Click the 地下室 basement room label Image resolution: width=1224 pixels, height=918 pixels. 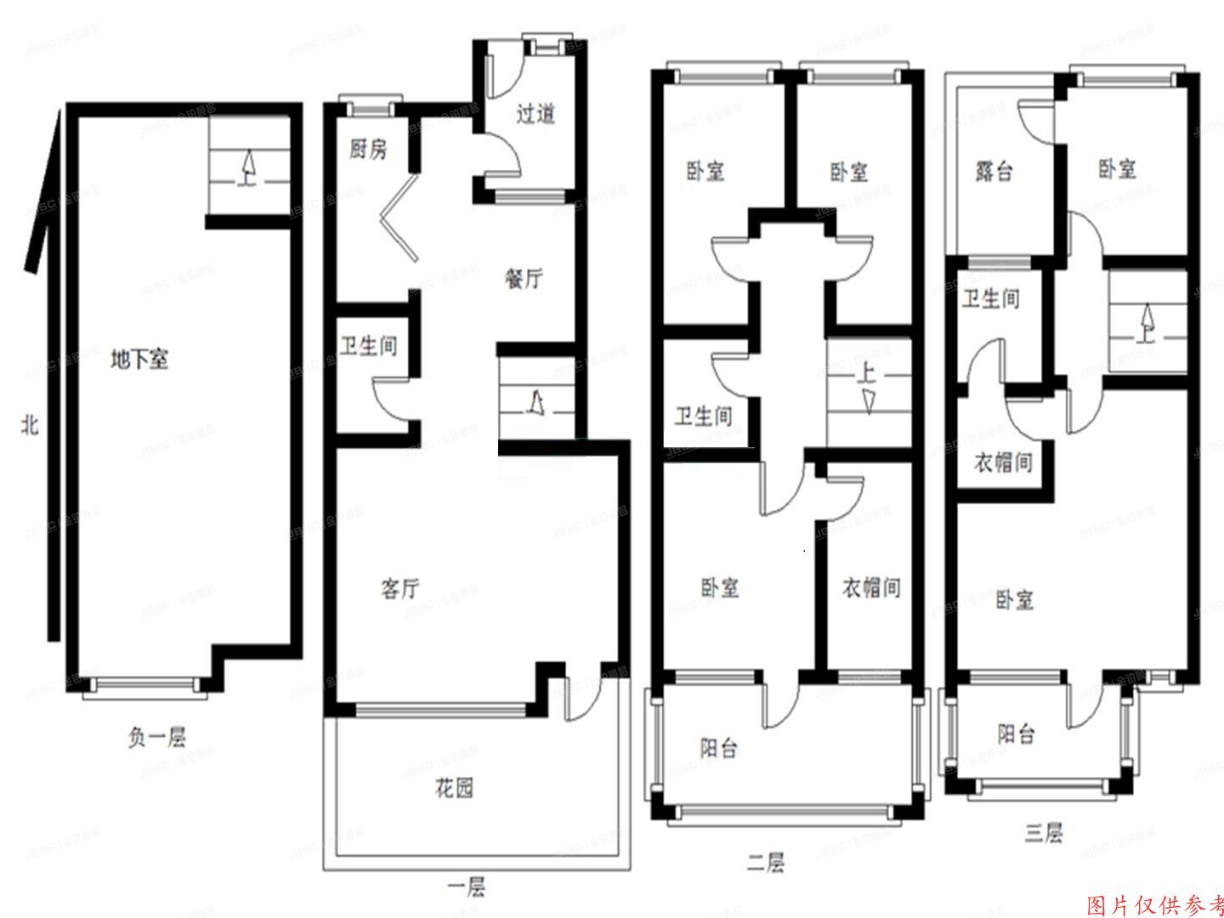point(139,360)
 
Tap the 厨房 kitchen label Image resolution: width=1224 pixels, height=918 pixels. point(367,150)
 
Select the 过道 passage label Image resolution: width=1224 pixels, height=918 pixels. point(535,113)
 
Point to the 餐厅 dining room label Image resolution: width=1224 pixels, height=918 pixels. point(524,278)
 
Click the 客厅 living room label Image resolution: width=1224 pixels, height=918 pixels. point(399,588)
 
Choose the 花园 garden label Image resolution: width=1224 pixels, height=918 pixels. point(454,788)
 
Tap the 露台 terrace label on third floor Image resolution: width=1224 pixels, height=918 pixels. point(994,171)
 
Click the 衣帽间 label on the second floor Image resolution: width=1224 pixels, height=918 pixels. point(870,587)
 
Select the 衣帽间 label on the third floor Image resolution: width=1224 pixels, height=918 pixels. point(1002,462)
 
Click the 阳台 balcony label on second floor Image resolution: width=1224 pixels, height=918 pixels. point(718,747)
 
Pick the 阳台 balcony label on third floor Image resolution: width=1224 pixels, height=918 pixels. point(1016,733)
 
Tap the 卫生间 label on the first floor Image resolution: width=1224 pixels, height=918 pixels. point(368,346)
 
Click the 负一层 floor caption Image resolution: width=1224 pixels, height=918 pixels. point(157,737)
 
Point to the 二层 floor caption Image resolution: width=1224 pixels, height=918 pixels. point(765,863)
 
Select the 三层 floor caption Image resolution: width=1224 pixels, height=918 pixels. point(1043,832)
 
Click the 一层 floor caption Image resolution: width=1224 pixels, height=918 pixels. point(466,888)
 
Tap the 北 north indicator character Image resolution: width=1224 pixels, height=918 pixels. point(31,424)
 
